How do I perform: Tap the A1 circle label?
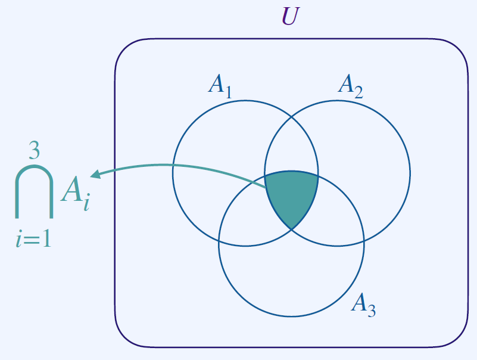[220, 85]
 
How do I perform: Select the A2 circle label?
[350, 85]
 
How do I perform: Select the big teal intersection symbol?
[34, 191]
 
